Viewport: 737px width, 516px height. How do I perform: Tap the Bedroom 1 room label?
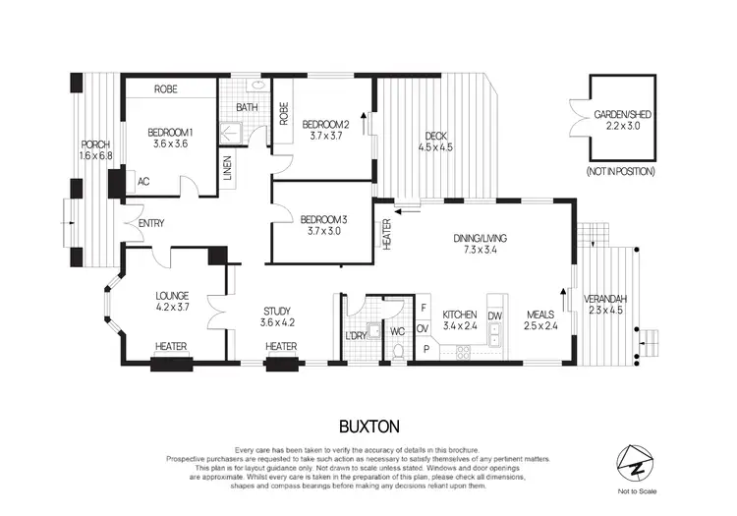coord(169,133)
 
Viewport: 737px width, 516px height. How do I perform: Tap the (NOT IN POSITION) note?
coord(621,171)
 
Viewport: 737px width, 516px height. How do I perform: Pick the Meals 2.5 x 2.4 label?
coord(539,315)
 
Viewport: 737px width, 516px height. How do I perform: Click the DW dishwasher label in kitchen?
coord(494,315)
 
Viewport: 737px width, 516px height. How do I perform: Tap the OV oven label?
coord(424,328)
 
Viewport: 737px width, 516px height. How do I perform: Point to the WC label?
coord(397,331)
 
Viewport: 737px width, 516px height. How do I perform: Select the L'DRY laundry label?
coord(356,337)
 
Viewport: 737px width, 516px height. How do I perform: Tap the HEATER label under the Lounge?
coord(172,346)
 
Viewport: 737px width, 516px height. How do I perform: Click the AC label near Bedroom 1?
coord(142,182)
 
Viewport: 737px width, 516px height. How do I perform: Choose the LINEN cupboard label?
coord(226,171)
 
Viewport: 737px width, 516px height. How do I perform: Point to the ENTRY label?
coord(151,223)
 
